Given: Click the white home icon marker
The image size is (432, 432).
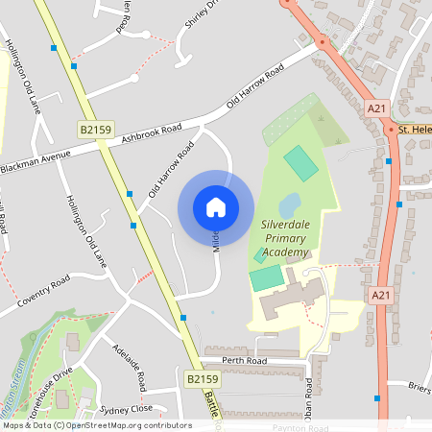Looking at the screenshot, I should [216, 207].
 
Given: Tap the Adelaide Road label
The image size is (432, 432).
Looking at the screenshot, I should [130, 367].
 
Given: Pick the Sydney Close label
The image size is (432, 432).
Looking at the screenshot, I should [127, 408].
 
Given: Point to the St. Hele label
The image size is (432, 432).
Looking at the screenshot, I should [415, 129].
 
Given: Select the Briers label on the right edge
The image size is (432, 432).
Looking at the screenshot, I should [418, 387].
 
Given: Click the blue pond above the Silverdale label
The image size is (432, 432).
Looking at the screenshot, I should [289, 204].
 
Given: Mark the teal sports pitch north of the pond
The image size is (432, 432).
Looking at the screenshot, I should [300, 160].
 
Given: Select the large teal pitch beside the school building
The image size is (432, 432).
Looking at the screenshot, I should [266, 278].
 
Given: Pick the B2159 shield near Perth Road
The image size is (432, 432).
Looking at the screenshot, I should [203, 380].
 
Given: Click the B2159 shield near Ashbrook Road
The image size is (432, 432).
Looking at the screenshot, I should [91, 127].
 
